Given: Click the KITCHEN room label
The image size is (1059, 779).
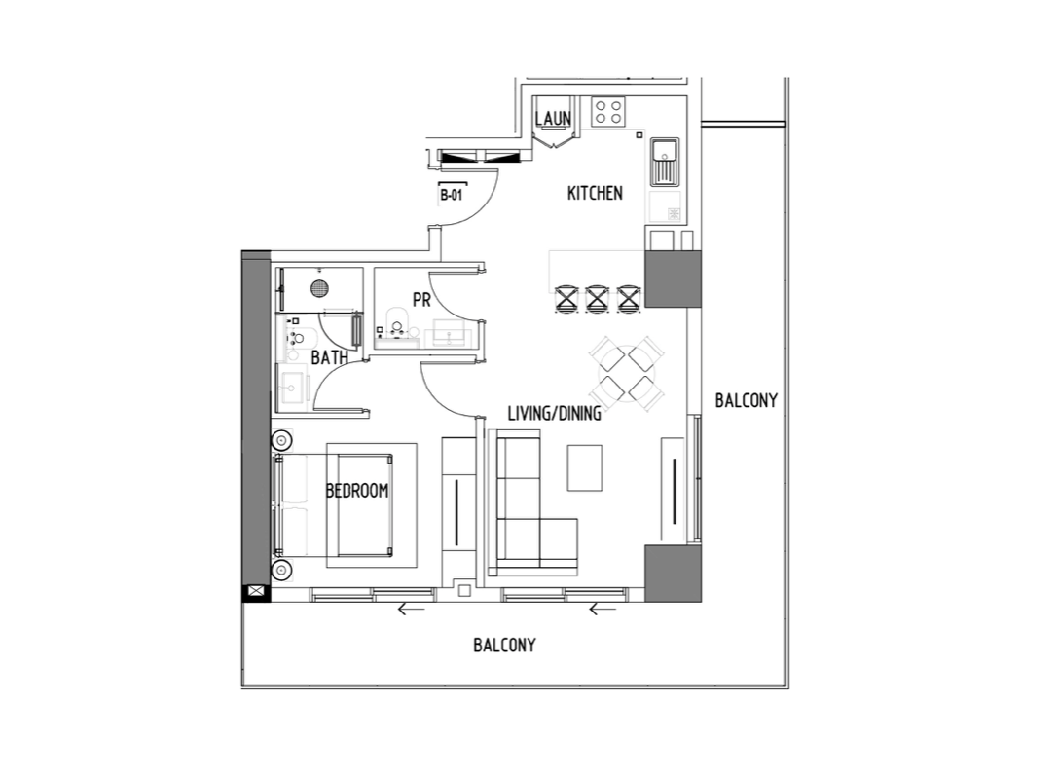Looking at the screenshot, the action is [x=595, y=193].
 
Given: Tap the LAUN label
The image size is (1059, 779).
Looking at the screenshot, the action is [x=553, y=119].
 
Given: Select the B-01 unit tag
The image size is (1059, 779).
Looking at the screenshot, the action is [x=452, y=196].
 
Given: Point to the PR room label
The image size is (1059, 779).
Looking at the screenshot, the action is [x=421, y=299].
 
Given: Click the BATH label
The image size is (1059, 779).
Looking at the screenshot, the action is [x=330, y=357].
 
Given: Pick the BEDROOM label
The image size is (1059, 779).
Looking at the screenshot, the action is [x=357, y=491].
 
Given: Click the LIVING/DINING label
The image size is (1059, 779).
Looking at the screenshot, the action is [x=555, y=413].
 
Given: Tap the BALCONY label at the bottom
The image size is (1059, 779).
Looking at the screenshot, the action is [x=504, y=646].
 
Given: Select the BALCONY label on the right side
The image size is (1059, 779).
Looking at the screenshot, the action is [x=747, y=400].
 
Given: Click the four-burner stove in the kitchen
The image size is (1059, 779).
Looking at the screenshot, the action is [x=607, y=111].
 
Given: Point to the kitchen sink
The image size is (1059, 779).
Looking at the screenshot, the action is [x=665, y=163].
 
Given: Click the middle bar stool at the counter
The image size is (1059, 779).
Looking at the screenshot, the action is [x=597, y=298].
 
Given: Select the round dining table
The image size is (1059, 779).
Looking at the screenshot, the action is [x=627, y=373].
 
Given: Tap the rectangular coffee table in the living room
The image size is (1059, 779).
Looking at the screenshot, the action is [x=585, y=467].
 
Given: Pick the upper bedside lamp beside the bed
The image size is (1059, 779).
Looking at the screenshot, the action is [x=281, y=441].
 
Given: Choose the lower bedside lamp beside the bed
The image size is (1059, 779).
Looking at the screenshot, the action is [x=281, y=571].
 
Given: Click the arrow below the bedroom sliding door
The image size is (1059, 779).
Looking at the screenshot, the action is [x=412, y=611].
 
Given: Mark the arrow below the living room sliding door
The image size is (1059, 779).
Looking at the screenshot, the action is [x=603, y=611].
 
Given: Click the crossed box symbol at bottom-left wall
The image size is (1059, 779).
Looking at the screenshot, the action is [x=255, y=592].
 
